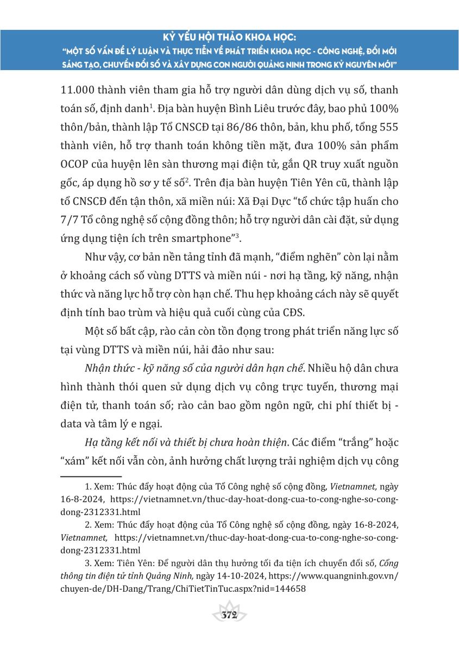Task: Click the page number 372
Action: click(x=230, y=615)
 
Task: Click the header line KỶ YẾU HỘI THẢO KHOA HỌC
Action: click(x=230, y=38)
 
